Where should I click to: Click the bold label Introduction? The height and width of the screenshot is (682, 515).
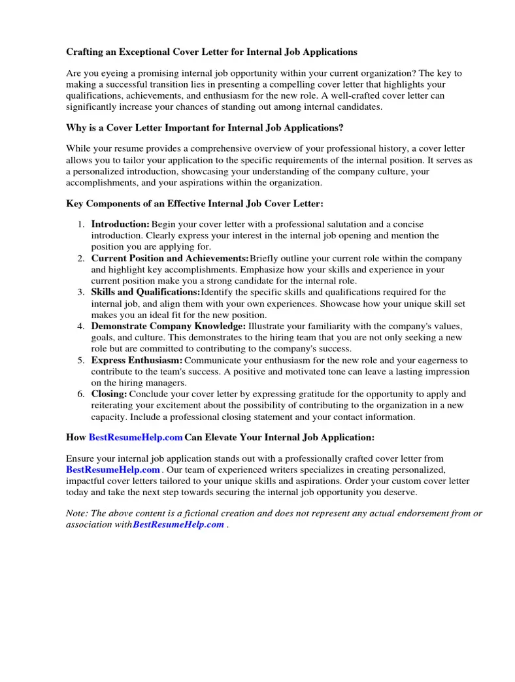click(120, 225)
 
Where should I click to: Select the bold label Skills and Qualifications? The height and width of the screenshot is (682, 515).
click(145, 292)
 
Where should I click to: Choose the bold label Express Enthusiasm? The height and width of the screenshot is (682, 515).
click(137, 360)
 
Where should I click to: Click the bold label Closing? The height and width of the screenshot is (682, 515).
click(109, 394)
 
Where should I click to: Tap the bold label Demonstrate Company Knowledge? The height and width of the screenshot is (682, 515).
click(168, 326)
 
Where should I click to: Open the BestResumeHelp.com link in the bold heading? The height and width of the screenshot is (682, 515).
click(135, 437)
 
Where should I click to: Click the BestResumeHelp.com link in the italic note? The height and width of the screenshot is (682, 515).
click(178, 525)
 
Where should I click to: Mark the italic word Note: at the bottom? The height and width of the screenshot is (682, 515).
click(77, 513)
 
